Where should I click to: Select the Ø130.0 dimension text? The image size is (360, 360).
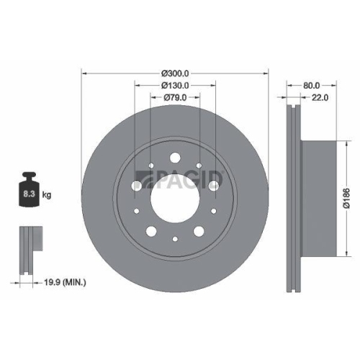point(175,86)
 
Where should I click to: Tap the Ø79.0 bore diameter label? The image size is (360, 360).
point(175,98)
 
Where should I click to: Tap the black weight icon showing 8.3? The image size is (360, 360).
point(29,192)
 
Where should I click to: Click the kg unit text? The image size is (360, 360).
point(48,195)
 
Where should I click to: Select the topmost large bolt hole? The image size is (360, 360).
point(175,157)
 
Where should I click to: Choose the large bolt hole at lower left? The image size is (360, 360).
point(152,231)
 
